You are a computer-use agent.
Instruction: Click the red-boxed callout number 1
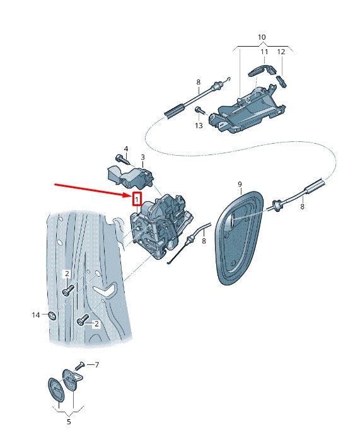point(137,200)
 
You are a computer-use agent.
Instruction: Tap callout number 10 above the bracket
point(262,37)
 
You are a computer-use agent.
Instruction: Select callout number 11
point(264,52)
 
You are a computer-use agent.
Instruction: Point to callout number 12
point(281,52)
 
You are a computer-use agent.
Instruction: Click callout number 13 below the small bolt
point(199,125)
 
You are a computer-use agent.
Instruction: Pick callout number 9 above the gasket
point(240,184)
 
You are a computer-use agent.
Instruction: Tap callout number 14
point(36,315)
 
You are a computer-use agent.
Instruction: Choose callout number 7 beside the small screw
point(97,365)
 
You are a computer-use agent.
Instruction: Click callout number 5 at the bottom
point(69,422)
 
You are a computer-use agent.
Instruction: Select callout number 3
point(143,157)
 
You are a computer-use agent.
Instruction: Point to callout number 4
point(126,149)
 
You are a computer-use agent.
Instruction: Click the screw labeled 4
point(123,160)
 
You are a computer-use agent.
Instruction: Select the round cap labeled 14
point(52,315)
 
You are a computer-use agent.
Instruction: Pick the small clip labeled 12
point(282,81)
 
